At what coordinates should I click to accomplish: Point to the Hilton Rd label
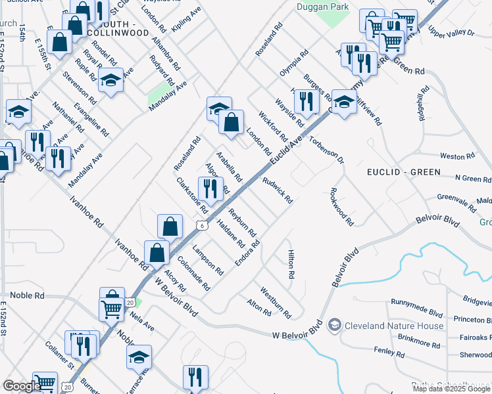(x=290, y=264)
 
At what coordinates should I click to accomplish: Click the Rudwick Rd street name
(x=278, y=189)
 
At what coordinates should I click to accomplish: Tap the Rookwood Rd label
(x=341, y=207)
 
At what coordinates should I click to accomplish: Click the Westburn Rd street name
(x=275, y=299)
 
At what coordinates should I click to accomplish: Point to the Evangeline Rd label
(x=91, y=118)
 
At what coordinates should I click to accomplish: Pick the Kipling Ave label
(x=186, y=20)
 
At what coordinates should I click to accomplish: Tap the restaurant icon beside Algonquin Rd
(x=210, y=189)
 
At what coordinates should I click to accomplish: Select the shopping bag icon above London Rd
(x=231, y=121)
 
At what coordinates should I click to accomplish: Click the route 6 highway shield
(x=203, y=225)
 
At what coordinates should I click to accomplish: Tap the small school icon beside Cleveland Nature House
(x=335, y=325)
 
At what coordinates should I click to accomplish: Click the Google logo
(x=21, y=386)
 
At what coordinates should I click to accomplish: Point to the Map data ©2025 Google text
(x=451, y=389)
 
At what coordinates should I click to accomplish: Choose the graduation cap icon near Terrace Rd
(x=139, y=357)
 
